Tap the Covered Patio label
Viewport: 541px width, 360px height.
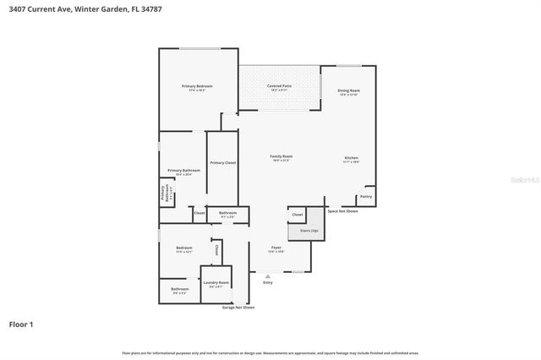(280, 86)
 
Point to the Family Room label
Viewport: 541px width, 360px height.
(281, 156)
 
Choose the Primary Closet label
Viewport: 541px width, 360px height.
(223, 162)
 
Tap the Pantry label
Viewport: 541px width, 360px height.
(365, 196)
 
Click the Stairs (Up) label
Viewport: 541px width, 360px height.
(309, 231)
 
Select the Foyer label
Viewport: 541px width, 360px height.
(276, 248)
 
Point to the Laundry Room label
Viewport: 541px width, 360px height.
(216, 282)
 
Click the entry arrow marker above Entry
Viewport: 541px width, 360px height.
(268, 276)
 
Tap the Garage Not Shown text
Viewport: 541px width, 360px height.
(238, 308)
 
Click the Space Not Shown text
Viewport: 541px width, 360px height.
(343, 211)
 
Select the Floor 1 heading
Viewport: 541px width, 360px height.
(22, 324)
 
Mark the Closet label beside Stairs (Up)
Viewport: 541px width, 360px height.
(298, 215)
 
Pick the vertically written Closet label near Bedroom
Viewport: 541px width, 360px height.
(216, 249)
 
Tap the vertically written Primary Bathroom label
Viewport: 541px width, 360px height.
(165, 193)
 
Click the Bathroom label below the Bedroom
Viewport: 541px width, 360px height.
(179, 289)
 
